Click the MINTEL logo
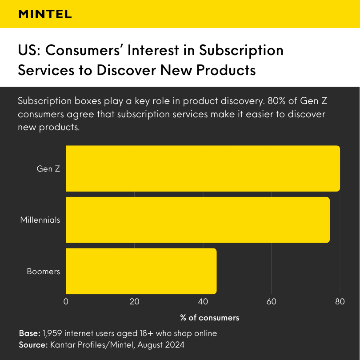point(45,14)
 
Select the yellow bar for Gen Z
point(203,168)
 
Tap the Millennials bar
point(198,220)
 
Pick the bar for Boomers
point(141,271)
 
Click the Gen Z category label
point(48,169)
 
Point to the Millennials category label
point(40,220)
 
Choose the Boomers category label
point(43,272)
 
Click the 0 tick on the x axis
point(66,302)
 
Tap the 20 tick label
point(134,302)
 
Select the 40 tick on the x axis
point(203,302)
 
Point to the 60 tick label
point(271,302)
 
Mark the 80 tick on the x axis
point(340,302)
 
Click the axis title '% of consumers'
point(209,318)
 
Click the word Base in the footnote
point(29,333)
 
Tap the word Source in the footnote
point(32,344)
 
